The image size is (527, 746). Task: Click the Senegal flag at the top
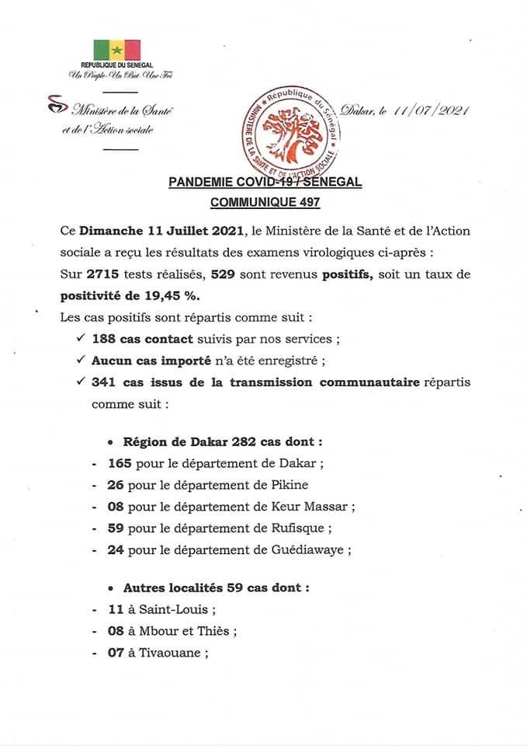(x=117, y=51)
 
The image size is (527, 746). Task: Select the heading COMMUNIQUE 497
(x=265, y=203)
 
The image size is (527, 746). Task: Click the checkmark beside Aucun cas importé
(x=81, y=361)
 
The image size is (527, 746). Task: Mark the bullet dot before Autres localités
(x=112, y=589)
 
